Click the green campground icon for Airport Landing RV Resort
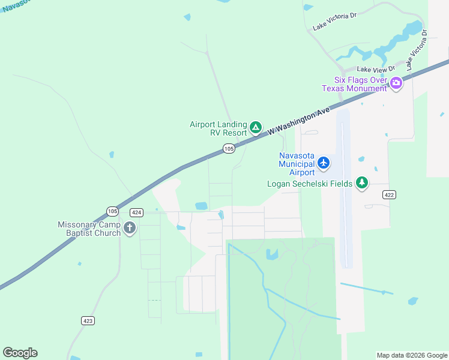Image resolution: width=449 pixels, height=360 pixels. (x=256, y=127)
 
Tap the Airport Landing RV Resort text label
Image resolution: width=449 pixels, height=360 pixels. (x=218, y=128)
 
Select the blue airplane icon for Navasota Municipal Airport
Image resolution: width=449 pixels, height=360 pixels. (x=324, y=162)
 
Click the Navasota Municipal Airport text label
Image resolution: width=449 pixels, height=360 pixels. (x=297, y=164)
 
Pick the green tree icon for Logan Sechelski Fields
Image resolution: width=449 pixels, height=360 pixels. (x=362, y=182)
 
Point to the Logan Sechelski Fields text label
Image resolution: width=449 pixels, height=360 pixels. (x=310, y=184)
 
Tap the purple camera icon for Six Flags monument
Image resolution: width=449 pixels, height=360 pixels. (x=396, y=83)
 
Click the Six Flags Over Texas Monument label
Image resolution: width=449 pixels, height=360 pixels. (x=355, y=85)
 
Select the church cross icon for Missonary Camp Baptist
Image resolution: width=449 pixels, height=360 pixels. (x=130, y=227)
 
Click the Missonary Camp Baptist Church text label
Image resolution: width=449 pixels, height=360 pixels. (x=89, y=229)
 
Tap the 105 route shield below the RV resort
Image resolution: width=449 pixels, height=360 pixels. (x=229, y=148)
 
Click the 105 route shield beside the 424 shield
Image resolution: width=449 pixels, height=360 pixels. (x=112, y=211)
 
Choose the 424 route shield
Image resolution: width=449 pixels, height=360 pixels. (x=136, y=212)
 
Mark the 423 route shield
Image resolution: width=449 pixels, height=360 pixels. (x=88, y=321)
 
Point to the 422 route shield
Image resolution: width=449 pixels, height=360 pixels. (x=389, y=195)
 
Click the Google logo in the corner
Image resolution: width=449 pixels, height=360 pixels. (x=20, y=353)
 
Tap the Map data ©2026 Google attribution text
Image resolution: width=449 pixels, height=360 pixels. (x=411, y=355)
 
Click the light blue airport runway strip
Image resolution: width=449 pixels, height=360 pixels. (x=345, y=192)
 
